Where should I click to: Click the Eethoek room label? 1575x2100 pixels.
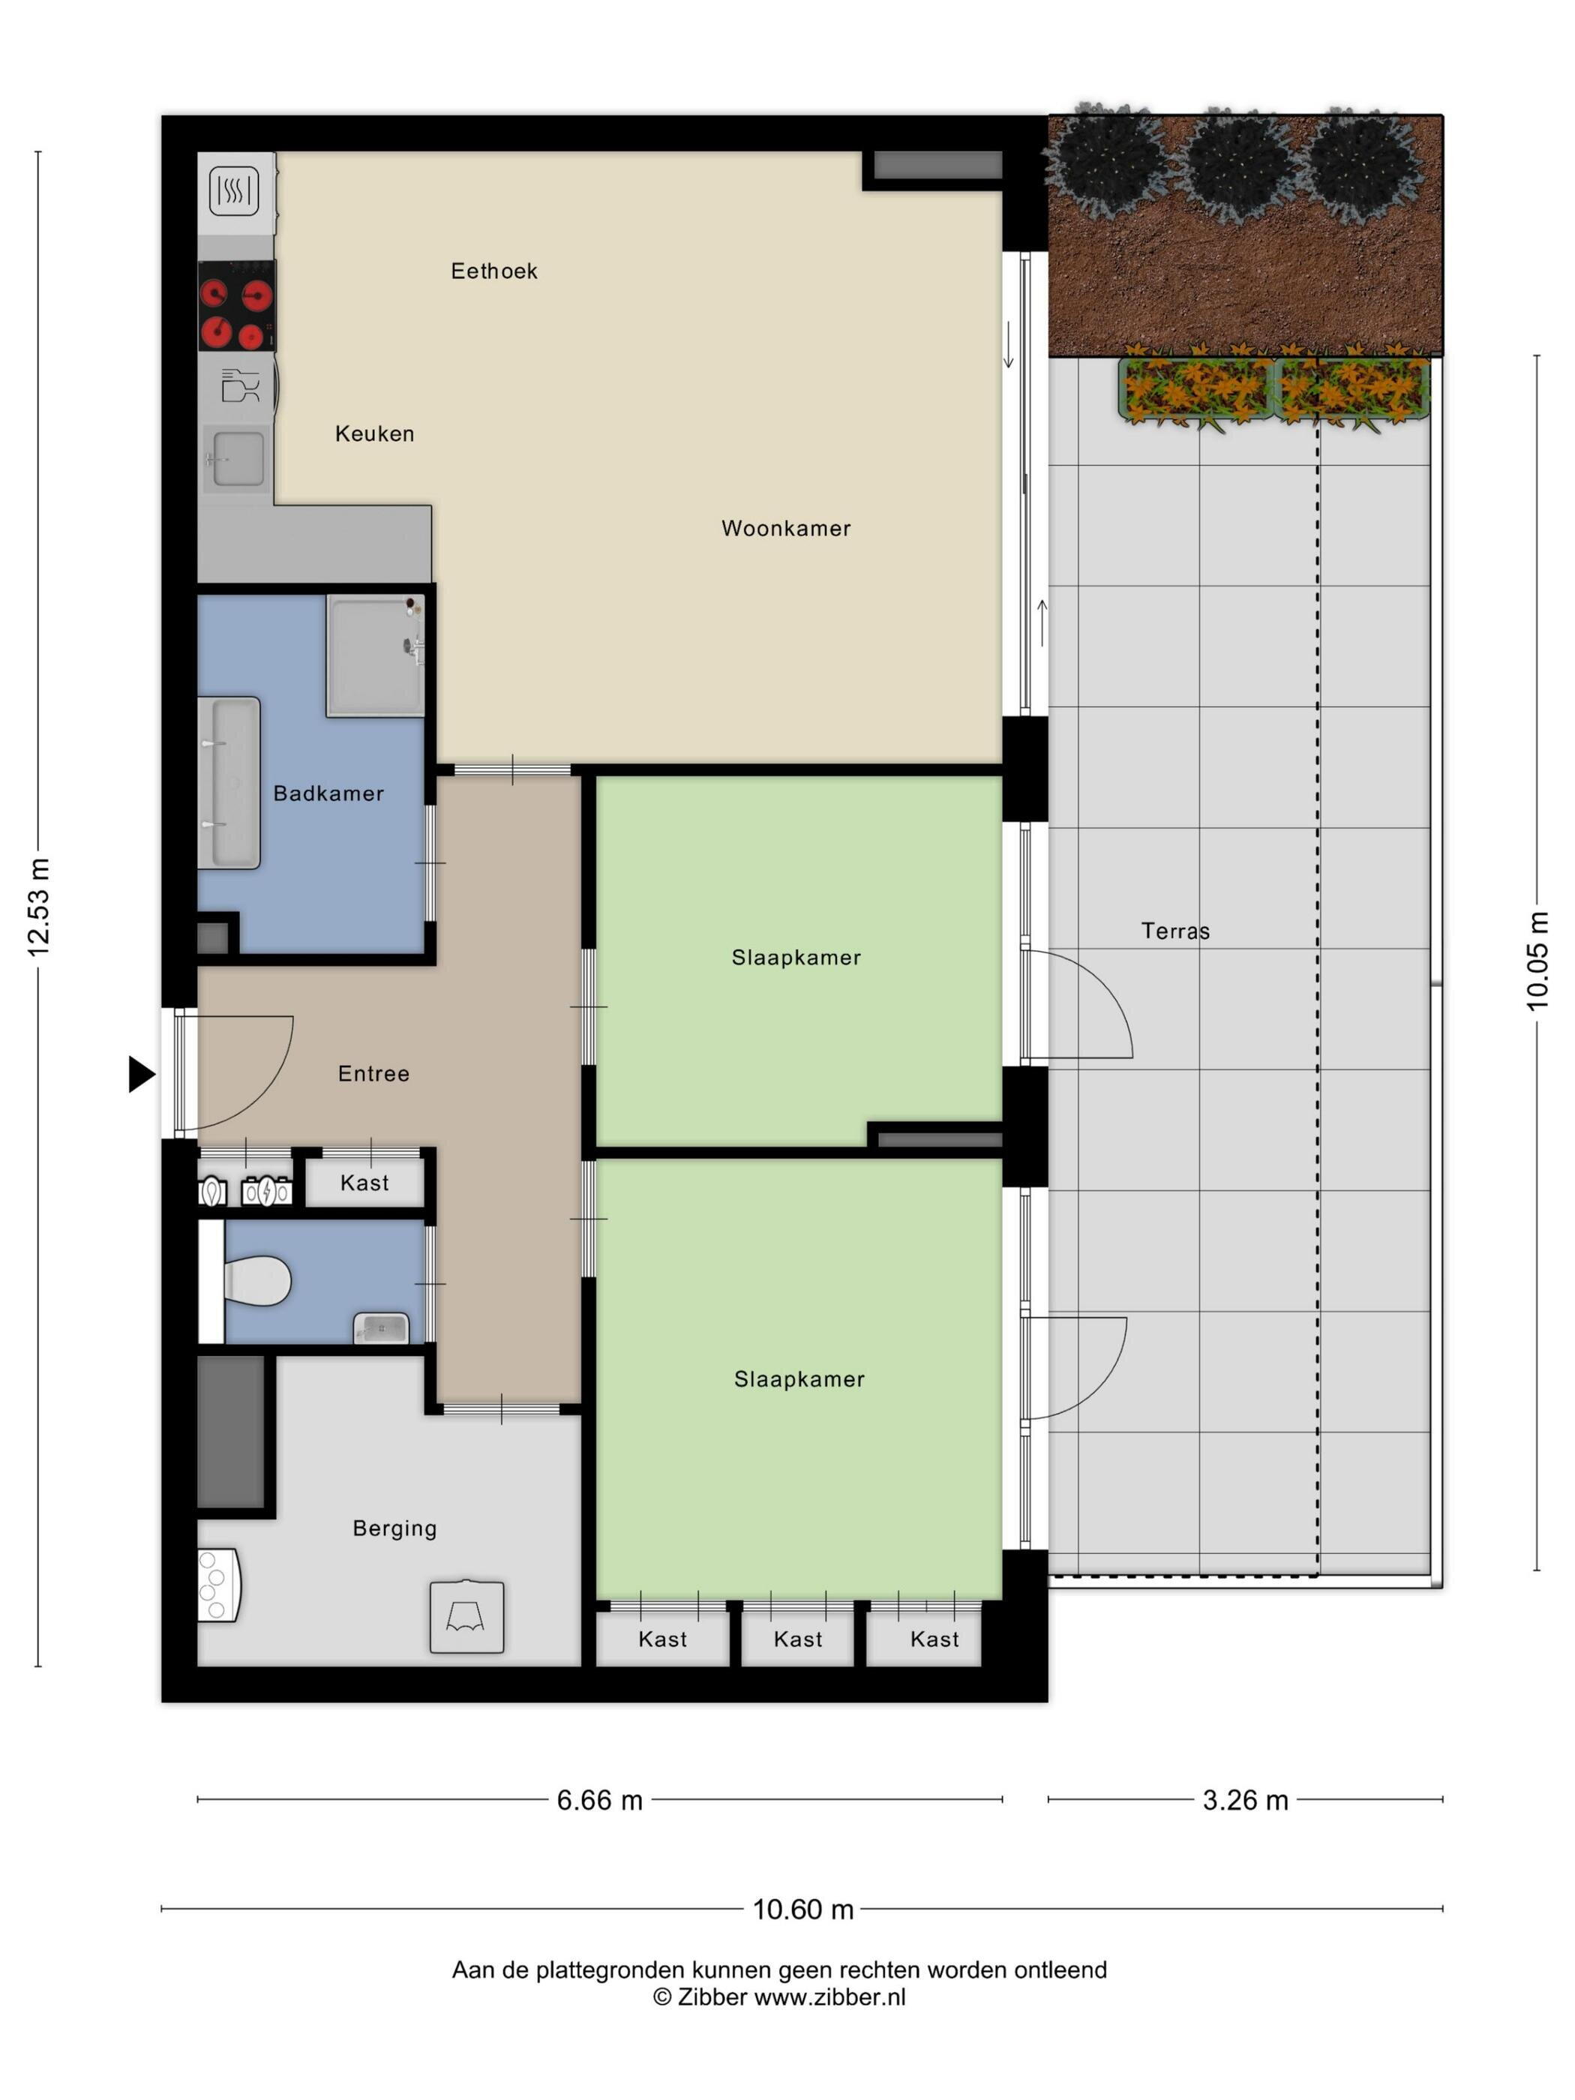coord(493,271)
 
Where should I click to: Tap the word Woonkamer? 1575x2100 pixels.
coord(786,529)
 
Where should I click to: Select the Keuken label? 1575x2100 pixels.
coord(375,433)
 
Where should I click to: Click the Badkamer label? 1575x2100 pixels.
coord(328,793)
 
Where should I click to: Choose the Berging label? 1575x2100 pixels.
coord(395,1529)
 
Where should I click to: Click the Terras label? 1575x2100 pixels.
coord(1175,931)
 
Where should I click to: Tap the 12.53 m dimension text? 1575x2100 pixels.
coord(38,907)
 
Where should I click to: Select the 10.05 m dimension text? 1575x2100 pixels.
coord(1537,961)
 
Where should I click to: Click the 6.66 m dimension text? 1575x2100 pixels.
coord(600,1800)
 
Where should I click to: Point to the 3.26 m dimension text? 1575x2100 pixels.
coord(1246,1800)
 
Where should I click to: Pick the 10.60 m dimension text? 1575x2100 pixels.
coord(803,1909)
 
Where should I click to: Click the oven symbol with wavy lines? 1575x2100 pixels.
coord(233,190)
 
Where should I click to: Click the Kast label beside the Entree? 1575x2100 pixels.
coord(364,1183)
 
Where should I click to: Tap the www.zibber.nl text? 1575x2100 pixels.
coord(829,1996)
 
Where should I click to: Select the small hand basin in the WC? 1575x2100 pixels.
coord(382,1328)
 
